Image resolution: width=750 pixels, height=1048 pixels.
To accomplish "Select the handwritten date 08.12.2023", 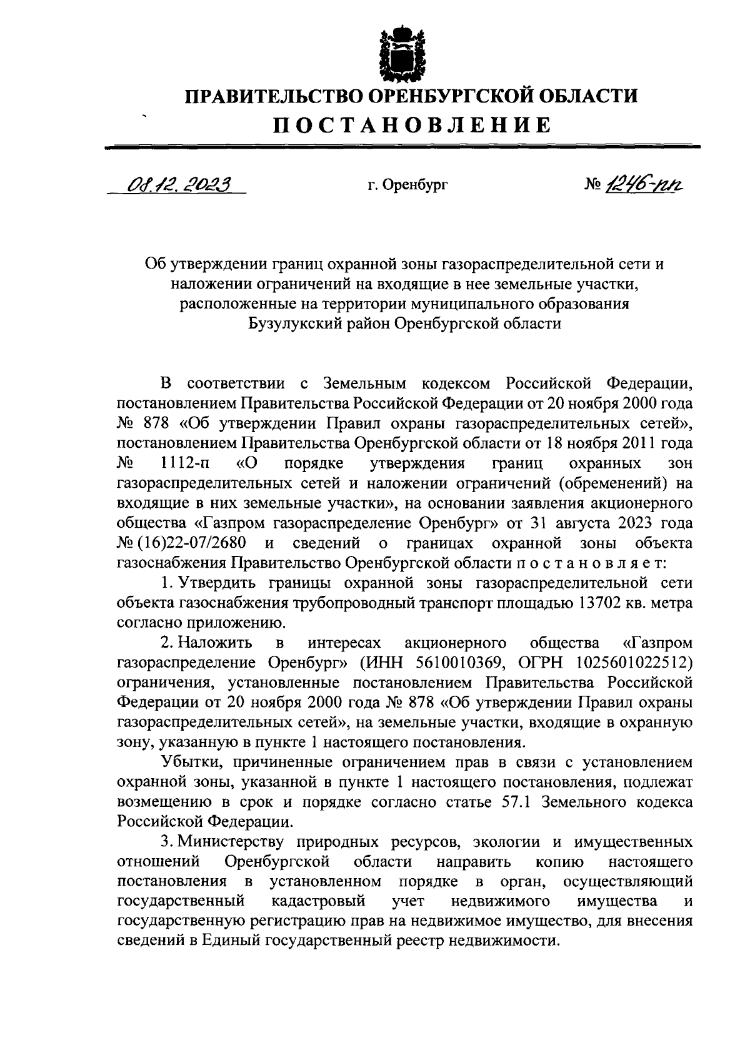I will (177, 184).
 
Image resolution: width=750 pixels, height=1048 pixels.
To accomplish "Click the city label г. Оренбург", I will (407, 185).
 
